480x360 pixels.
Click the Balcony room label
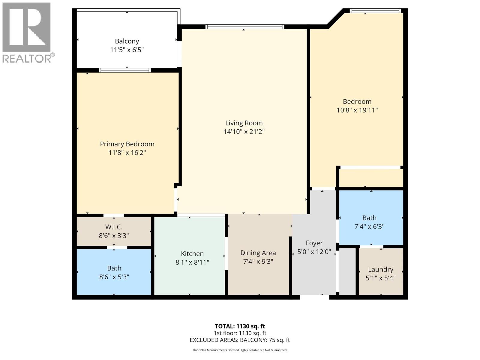coord(127,41)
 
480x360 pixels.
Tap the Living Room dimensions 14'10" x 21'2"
coord(244,131)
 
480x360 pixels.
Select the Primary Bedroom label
coord(127,144)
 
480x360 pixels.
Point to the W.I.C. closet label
coord(114,227)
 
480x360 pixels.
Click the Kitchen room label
coord(192,253)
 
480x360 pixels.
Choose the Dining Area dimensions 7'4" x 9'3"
coord(258,261)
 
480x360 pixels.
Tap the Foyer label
coord(314,243)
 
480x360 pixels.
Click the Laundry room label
coord(380,269)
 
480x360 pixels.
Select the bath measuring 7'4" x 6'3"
coord(369,222)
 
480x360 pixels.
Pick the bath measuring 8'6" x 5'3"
coord(114,272)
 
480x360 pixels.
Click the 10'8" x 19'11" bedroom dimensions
coord(357,110)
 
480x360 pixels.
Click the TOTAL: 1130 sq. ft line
coord(240,326)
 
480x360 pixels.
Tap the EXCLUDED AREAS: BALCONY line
coord(240,340)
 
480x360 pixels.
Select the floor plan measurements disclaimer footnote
coord(240,350)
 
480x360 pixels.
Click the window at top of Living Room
coord(244,27)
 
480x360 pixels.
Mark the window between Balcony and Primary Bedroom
coord(125,70)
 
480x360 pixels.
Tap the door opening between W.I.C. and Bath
coord(117,247)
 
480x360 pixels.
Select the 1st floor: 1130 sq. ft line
coord(240,333)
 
